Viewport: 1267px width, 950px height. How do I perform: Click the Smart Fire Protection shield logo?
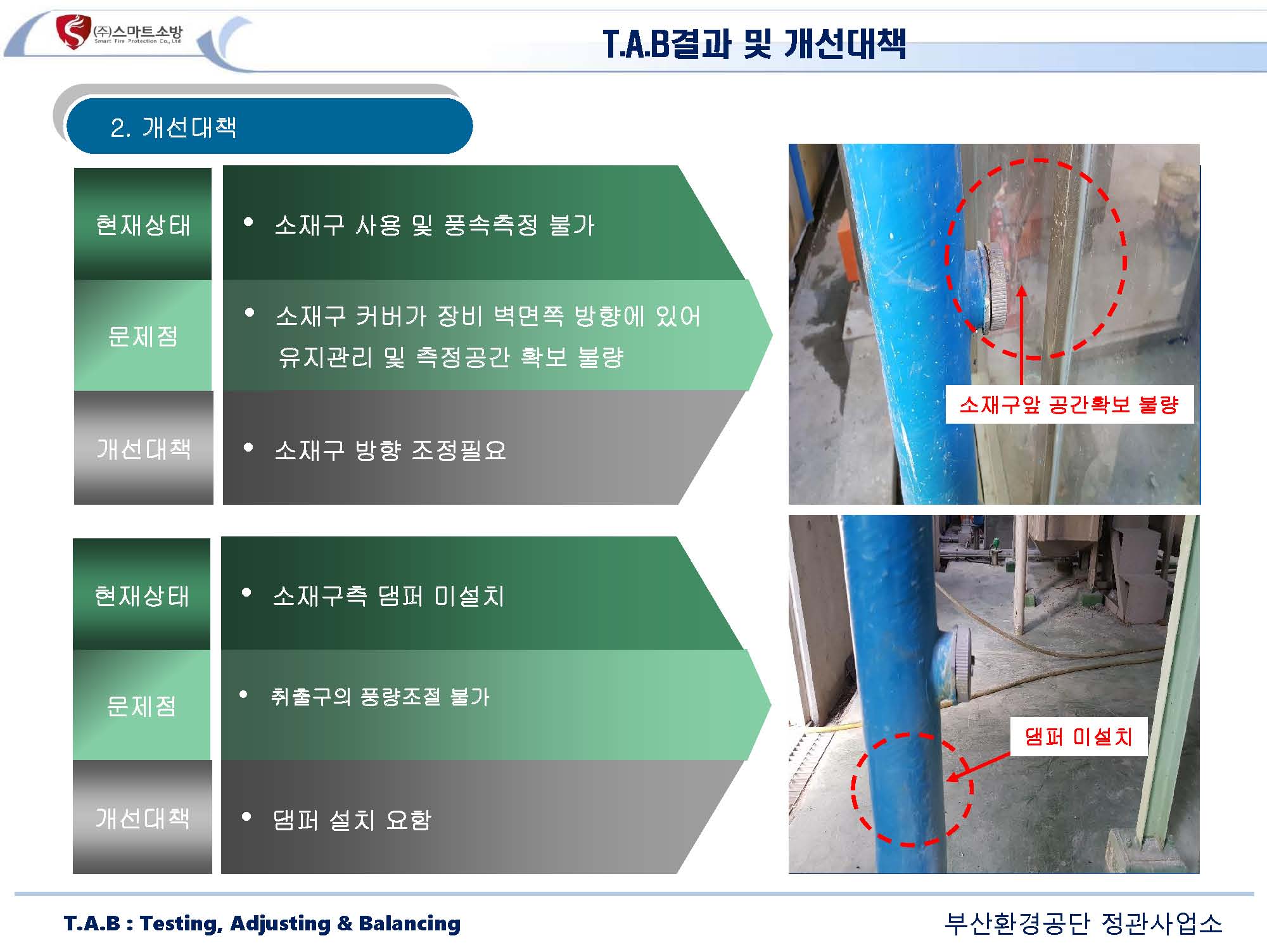[73, 32]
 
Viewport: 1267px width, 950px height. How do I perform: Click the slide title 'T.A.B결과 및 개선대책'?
[754, 44]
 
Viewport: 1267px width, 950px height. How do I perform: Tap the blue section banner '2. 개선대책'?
[269, 126]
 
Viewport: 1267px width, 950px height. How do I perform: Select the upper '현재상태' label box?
[143, 224]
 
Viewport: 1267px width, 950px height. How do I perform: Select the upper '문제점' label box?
[143, 336]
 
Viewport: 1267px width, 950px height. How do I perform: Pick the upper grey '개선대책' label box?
[143, 448]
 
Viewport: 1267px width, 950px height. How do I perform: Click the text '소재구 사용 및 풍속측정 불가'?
[435, 225]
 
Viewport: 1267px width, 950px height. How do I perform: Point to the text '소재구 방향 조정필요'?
[390, 450]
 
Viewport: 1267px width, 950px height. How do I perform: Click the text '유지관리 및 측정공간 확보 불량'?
[451, 357]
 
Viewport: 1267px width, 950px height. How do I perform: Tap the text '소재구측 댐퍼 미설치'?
[388, 596]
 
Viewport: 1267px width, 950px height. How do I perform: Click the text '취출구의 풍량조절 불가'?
[380, 697]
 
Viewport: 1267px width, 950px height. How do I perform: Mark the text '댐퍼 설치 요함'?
[352, 820]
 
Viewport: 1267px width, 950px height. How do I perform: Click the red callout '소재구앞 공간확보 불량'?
[1069, 404]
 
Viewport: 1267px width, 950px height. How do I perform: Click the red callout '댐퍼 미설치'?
[1078, 736]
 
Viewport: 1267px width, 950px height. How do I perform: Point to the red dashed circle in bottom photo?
[852, 790]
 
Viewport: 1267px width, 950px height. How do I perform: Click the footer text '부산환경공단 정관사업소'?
[1083, 923]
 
